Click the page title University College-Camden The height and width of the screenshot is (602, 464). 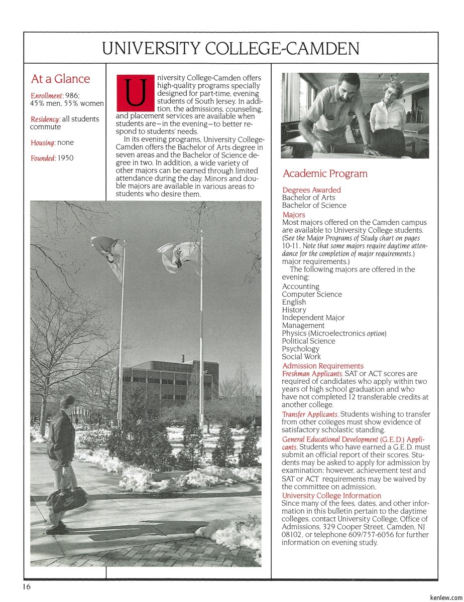(x=230, y=49)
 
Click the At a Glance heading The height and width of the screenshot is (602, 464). (x=60, y=79)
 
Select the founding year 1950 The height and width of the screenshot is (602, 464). (x=65, y=158)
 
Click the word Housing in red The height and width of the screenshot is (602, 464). (x=42, y=143)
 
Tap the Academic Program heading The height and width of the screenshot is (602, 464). (x=325, y=174)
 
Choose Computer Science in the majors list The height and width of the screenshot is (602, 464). (x=311, y=294)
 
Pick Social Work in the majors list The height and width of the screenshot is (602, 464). (x=301, y=357)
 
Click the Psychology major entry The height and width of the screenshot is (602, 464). (x=300, y=349)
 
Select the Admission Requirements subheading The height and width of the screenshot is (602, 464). (x=322, y=366)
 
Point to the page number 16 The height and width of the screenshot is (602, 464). (x=26, y=587)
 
